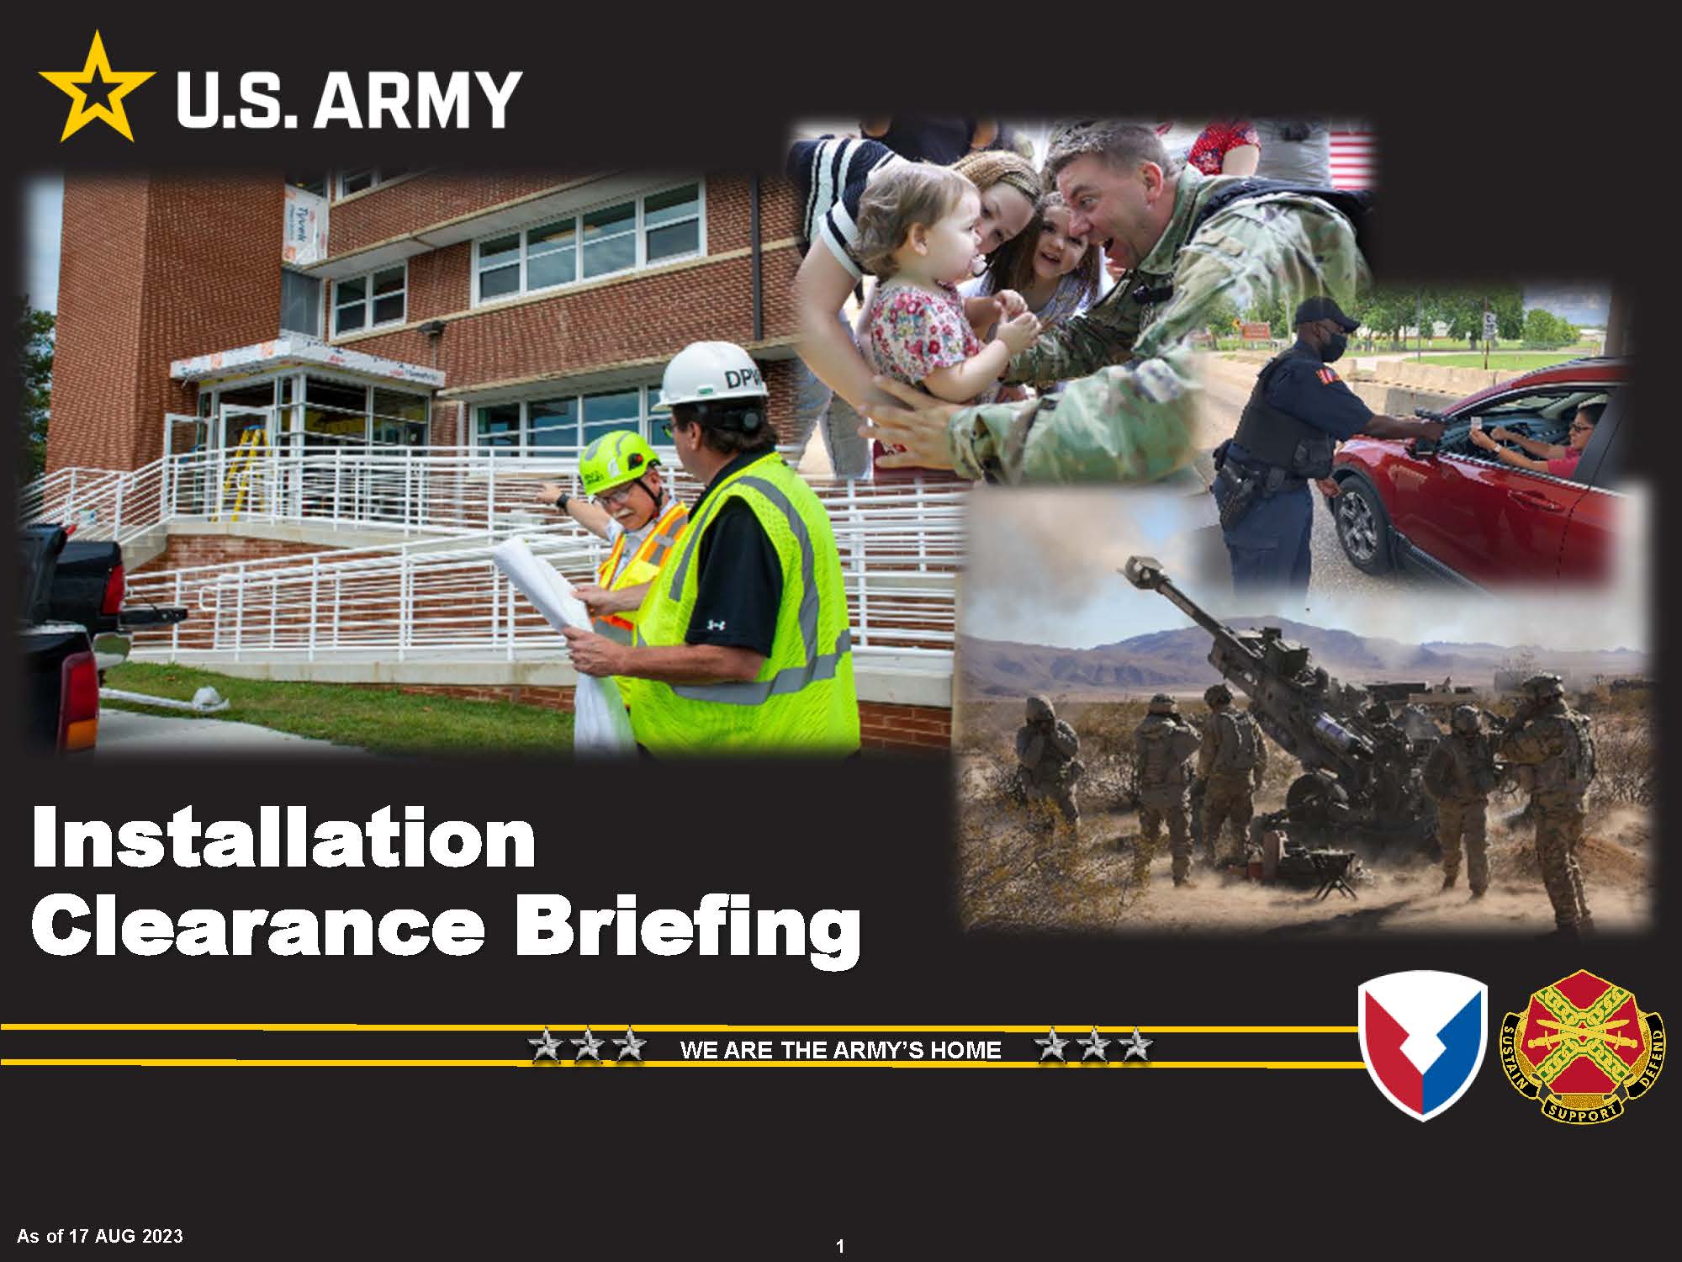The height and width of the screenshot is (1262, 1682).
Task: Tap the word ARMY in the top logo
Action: [418, 99]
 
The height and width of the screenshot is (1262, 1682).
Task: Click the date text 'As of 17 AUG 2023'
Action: [99, 1236]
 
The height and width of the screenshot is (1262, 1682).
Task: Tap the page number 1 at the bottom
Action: [840, 1247]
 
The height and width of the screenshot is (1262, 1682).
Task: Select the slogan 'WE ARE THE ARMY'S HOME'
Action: [840, 1050]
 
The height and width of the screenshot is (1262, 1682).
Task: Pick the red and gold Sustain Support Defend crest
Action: [1583, 1045]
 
